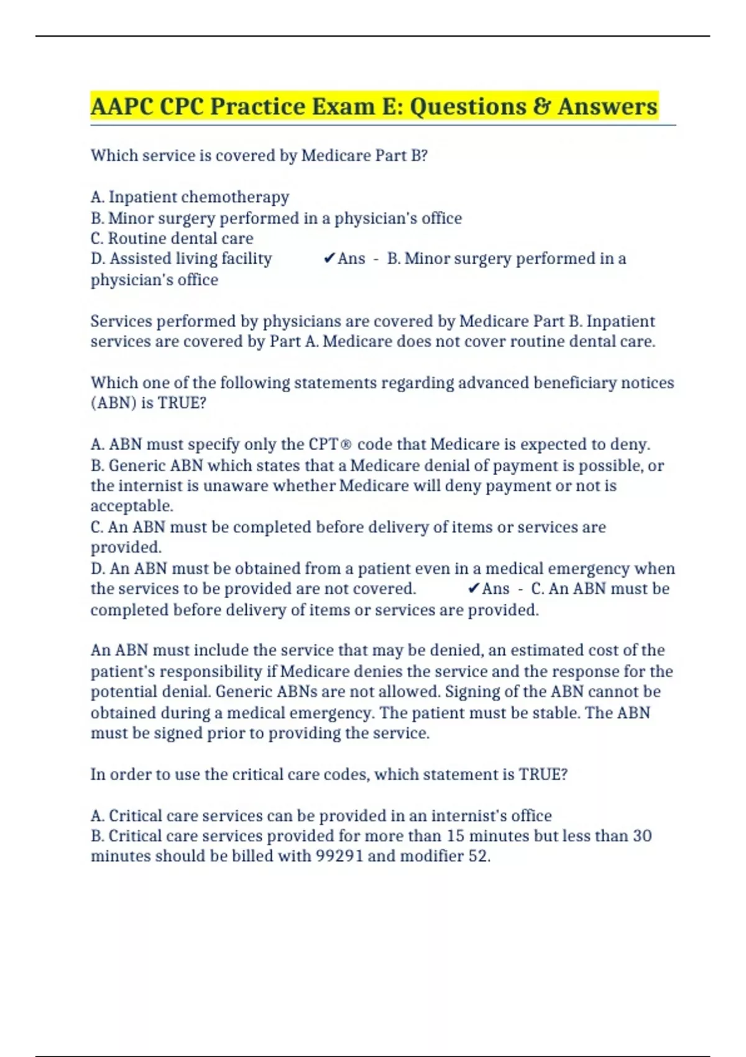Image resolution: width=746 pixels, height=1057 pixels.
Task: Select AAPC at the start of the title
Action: (x=122, y=106)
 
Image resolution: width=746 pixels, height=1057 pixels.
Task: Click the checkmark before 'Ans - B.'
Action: (x=329, y=259)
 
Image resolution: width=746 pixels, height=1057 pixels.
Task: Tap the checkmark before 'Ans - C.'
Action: (x=473, y=588)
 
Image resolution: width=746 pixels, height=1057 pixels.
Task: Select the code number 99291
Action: (x=339, y=856)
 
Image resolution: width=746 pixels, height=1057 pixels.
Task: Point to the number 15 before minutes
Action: (x=456, y=836)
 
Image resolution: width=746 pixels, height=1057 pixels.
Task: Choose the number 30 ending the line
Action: (x=642, y=836)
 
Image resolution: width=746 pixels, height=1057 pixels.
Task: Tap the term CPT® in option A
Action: (x=329, y=445)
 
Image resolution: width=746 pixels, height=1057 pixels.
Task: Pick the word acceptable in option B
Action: (x=132, y=505)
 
